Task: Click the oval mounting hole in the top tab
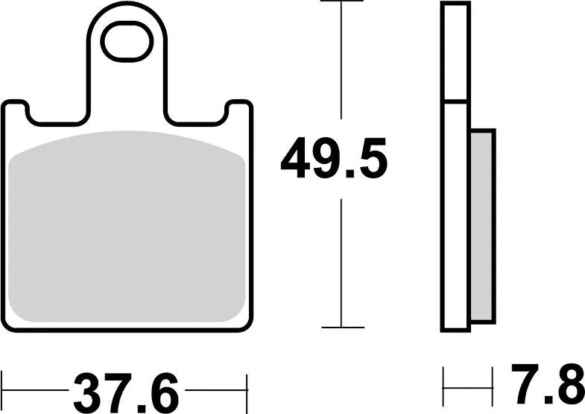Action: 127,41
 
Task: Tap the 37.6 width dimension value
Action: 126,390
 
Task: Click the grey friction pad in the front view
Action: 129,228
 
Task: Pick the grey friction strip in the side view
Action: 483,226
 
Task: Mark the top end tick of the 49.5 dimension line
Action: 341,2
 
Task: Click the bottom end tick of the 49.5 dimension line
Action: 341,327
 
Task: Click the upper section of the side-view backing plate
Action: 455,52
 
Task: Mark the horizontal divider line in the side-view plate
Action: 455,101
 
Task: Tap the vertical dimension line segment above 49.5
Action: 341,60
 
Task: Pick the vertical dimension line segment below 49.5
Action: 341,261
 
